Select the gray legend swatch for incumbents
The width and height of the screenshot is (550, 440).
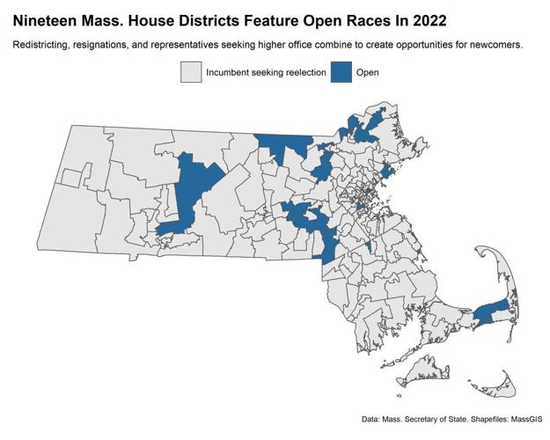coord(191,72)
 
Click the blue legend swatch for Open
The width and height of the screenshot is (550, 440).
coord(341,72)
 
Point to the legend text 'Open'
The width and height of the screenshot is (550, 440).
coord(368,72)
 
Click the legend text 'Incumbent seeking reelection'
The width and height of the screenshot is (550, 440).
coord(266,72)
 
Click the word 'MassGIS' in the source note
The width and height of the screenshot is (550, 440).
coord(521,418)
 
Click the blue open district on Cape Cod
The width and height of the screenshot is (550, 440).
coord(491,311)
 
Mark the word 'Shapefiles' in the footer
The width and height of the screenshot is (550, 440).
coord(481,418)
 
